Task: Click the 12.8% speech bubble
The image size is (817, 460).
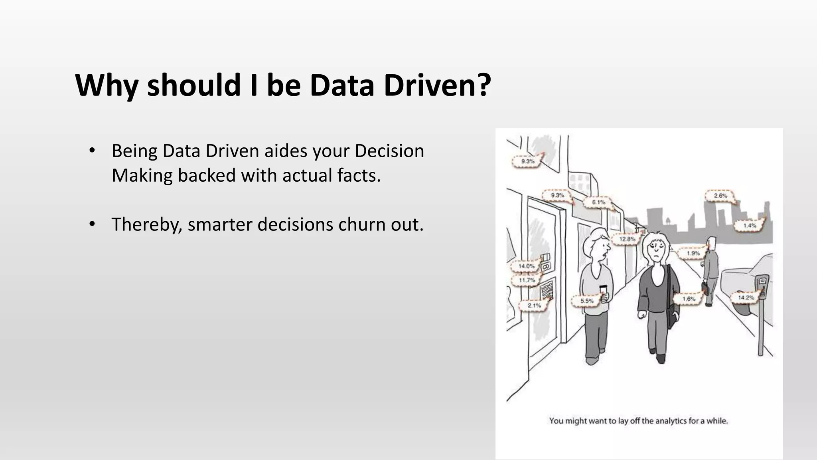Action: [627, 239]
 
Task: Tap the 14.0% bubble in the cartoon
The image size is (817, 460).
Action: [526, 266]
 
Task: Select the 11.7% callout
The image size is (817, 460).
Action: [527, 280]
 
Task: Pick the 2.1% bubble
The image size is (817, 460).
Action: [534, 305]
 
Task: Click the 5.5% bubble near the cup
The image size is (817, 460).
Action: [586, 301]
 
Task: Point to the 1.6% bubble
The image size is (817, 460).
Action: [689, 299]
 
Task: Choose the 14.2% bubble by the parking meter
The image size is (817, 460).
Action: [745, 297]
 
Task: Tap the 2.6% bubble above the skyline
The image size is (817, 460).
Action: [720, 196]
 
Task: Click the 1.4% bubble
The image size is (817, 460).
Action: [749, 226]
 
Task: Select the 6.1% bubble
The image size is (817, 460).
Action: [598, 202]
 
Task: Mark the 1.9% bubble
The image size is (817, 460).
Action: [693, 253]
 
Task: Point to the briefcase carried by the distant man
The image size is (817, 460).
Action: [706, 287]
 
